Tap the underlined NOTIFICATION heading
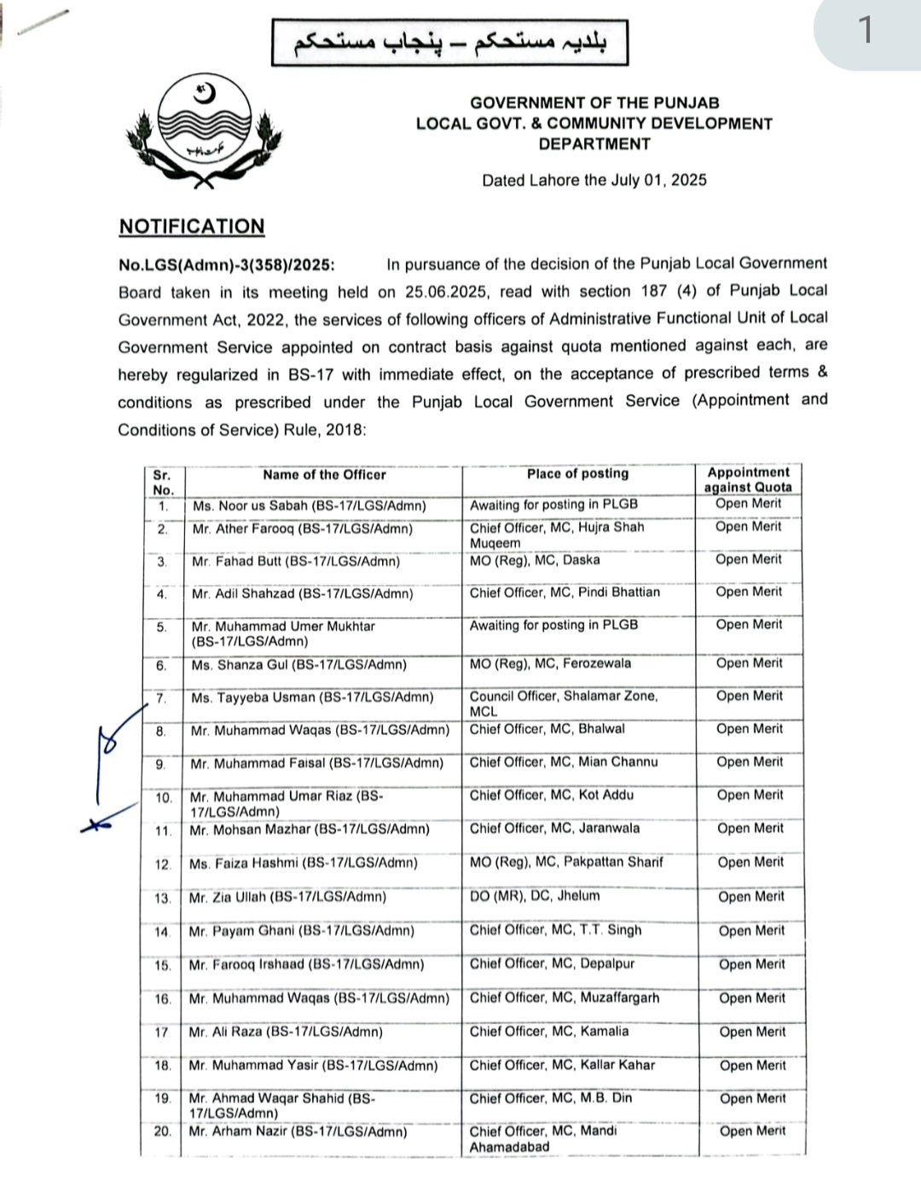tap(192, 226)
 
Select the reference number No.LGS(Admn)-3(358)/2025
tap(227, 264)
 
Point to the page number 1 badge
tap(866, 31)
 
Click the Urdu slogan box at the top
tap(449, 43)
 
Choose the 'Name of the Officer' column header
tap(324, 475)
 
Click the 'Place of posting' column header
tap(577, 473)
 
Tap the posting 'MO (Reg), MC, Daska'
tap(535, 560)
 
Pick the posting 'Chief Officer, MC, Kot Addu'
tap(552, 795)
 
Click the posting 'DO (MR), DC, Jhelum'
tap(535, 895)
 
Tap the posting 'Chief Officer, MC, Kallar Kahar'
tap(563, 1065)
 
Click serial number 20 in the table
tap(163, 1131)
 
